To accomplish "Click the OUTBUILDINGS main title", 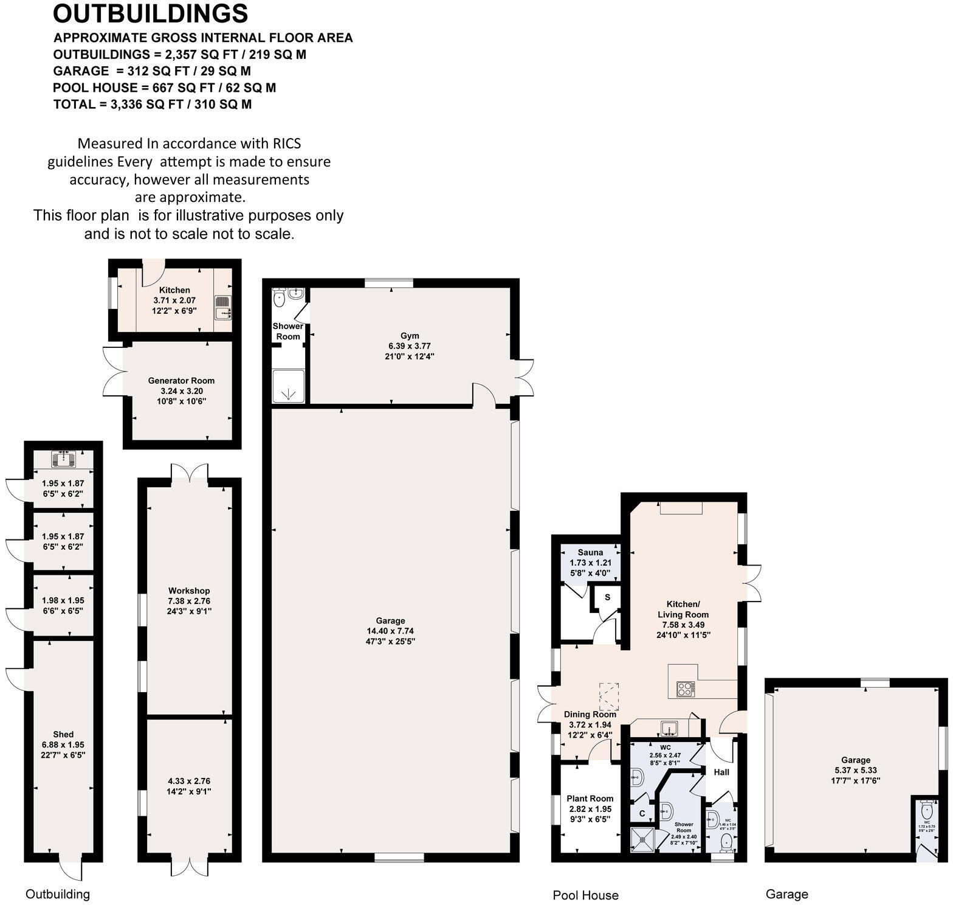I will coord(150,13).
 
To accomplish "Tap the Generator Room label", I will coord(181,381).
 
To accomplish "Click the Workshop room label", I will coord(189,591).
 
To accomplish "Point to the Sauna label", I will coord(590,552).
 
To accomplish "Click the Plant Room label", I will coord(590,799).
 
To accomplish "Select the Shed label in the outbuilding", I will coord(63,734).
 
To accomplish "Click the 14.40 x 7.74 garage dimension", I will coord(390,631).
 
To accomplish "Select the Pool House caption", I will coord(585,895).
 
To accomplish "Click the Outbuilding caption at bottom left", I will coord(58,894).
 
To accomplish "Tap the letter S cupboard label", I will coord(607,597).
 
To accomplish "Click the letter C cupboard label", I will coord(642,813).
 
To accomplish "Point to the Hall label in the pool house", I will coord(721,772).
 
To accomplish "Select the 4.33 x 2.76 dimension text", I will coord(189,781).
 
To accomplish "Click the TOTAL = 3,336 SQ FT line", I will coord(153,104).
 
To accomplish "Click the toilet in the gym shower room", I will coord(279,299).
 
